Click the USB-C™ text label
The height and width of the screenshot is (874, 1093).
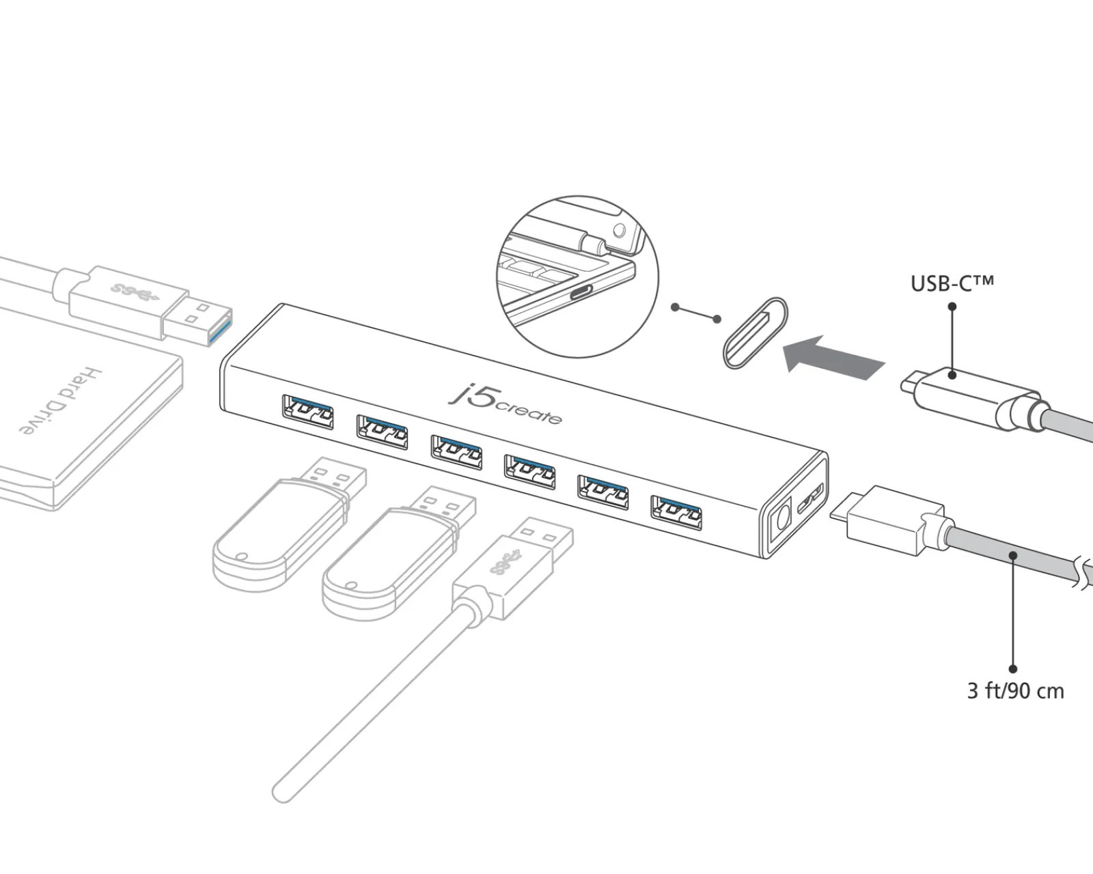point(952,283)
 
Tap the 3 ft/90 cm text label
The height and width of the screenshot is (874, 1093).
point(1015,691)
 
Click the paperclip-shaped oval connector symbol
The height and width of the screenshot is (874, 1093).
point(755,333)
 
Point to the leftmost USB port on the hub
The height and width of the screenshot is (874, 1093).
point(307,411)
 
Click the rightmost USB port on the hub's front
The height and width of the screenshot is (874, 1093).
point(676,513)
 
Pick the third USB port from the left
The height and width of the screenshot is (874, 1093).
point(456,451)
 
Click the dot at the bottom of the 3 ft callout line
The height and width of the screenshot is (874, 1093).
point(1013,669)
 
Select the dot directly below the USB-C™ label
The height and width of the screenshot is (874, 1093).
point(952,306)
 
